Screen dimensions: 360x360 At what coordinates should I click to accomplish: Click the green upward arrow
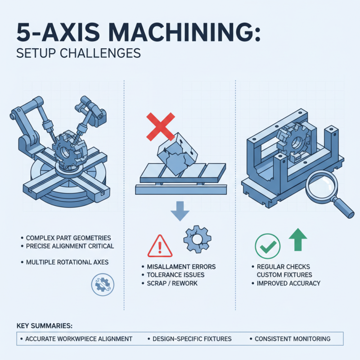pos(297,239)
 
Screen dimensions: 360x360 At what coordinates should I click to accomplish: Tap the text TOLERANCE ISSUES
pos(175,275)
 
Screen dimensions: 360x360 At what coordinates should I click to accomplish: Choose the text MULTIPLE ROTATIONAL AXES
pos(69,261)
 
